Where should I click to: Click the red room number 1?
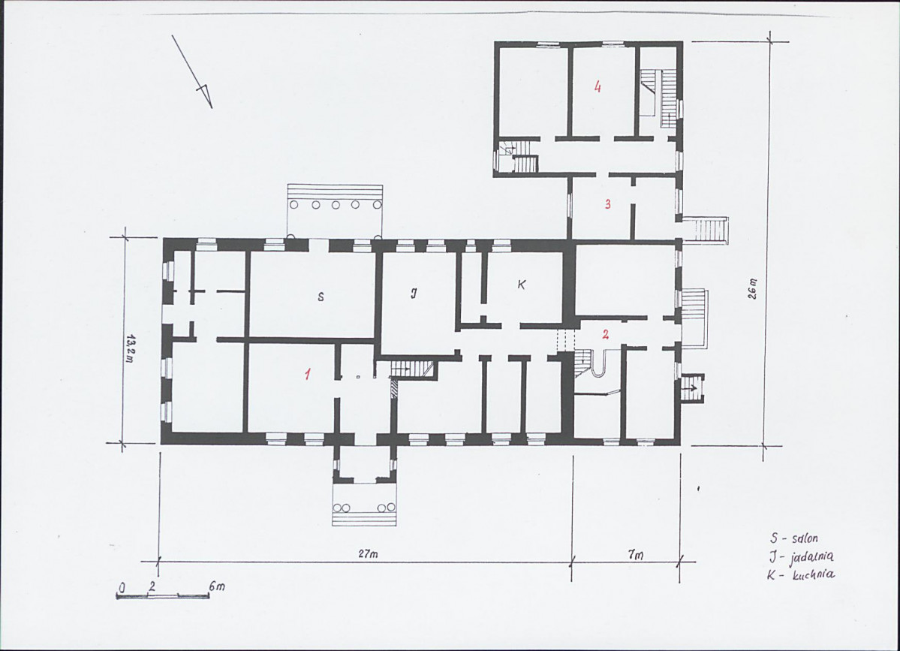[x=309, y=374]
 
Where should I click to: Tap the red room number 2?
[x=605, y=335]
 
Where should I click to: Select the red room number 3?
[x=607, y=203]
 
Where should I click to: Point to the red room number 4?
[x=597, y=87]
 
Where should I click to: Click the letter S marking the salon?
[x=321, y=297]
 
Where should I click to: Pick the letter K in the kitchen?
[x=521, y=284]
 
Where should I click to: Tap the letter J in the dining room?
[x=414, y=294]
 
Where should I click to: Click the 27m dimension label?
[x=367, y=555]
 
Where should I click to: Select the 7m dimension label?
[x=635, y=555]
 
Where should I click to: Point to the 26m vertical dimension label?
[x=753, y=289]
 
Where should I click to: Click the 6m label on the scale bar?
[x=217, y=586]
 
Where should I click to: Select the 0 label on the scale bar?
[x=122, y=587]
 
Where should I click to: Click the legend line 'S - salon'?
[x=794, y=538]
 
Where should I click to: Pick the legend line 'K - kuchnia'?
[x=801, y=574]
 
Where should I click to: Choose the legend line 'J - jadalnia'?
[x=801, y=556]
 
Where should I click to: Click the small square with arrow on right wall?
[x=693, y=388]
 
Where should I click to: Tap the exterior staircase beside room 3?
[x=706, y=229]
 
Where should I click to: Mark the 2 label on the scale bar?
[x=152, y=586]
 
